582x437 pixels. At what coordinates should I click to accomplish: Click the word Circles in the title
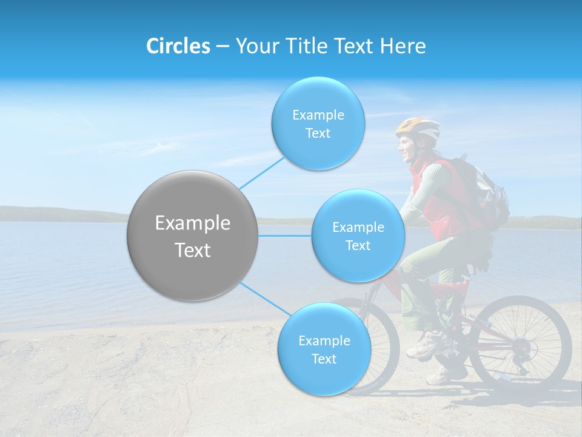pos(178,46)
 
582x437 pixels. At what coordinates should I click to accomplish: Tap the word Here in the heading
pos(403,46)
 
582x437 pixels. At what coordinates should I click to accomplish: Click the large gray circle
pos(192,235)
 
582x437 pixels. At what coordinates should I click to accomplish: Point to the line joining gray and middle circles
pos(284,235)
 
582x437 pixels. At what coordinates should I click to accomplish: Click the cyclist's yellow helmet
pos(418,128)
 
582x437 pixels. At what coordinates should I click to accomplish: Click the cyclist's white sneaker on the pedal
pos(424,347)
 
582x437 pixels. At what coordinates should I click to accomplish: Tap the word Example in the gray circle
pos(192,223)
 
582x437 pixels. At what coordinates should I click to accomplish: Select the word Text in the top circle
pos(318,134)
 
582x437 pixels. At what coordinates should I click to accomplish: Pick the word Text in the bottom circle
pos(324,359)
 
